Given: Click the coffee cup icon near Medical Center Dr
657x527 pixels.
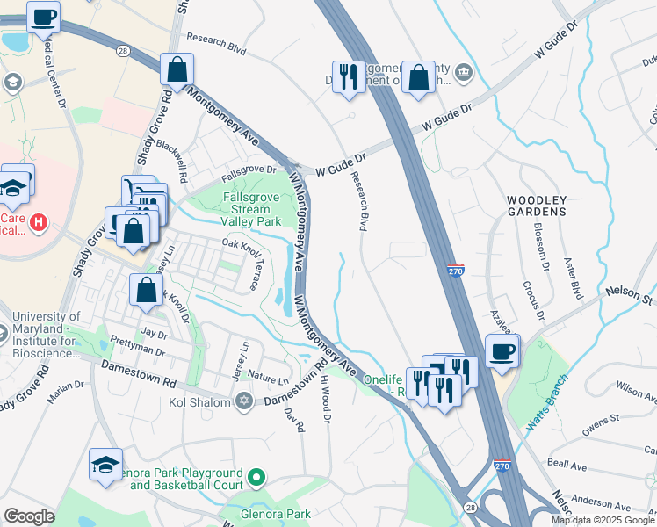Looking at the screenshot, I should [43, 17].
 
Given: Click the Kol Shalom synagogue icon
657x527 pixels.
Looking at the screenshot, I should [244, 401].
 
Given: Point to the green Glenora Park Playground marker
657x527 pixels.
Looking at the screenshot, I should [256, 478].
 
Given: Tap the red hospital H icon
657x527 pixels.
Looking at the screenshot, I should [38, 223].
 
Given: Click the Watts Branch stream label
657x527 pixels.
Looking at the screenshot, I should [548, 404].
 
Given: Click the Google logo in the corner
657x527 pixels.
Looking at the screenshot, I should [30, 516].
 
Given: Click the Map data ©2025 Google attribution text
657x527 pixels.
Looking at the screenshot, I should [603, 520].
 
